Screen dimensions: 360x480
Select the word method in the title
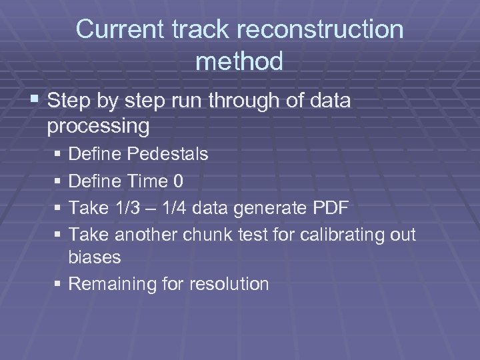pyautogui.click(x=239, y=61)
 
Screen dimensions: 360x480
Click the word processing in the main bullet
pyautogui.click(x=99, y=126)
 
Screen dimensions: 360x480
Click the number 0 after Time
pyautogui.click(x=178, y=181)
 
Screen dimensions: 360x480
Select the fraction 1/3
pyautogui.click(x=125, y=207)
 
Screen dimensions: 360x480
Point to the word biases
pyautogui.click(x=95, y=257)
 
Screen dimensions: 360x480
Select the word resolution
pyautogui.click(x=229, y=284)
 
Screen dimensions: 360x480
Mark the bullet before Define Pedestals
pyautogui.click(x=59, y=155)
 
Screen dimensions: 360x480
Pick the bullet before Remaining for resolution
pyautogui.click(x=59, y=285)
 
